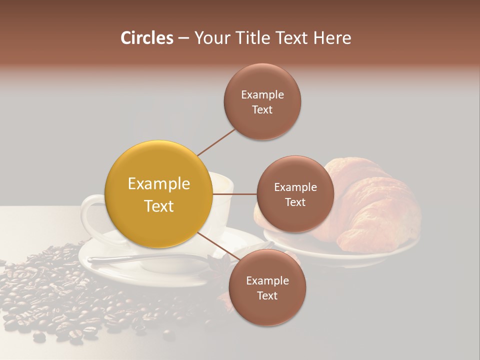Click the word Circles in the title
(x=146, y=38)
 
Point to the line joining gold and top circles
(x=216, y=142)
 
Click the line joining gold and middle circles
(x=234, y=194)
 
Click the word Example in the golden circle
(x=158, y=184)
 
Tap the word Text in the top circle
(x=262, y=110)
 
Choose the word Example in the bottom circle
(x=267, y=280)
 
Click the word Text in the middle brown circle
(x=295, y=202)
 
